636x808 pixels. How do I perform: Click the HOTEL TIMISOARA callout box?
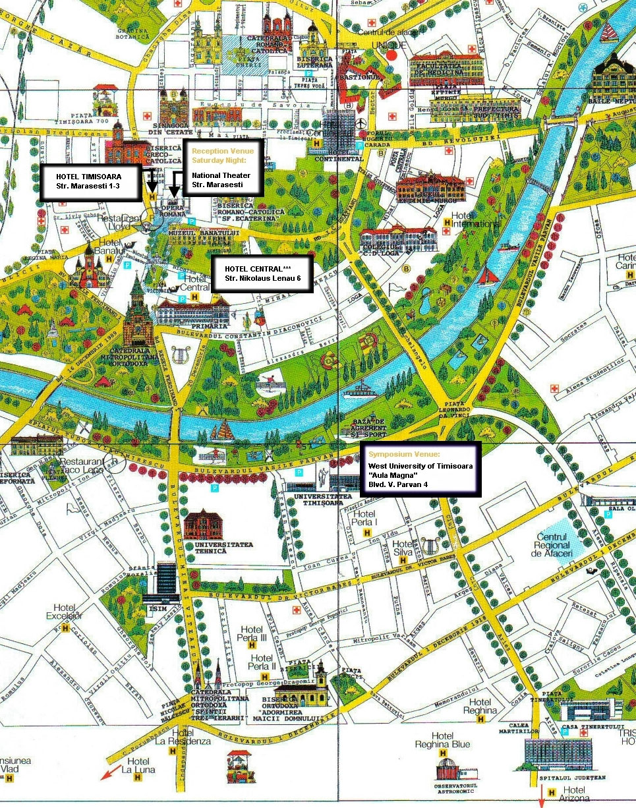89,183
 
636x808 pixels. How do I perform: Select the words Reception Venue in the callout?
222,152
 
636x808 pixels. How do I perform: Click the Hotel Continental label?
339,159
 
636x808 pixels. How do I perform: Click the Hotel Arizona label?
574,791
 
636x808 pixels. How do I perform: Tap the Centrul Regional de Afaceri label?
553,546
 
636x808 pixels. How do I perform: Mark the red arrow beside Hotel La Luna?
110,772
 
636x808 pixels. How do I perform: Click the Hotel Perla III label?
253,634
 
